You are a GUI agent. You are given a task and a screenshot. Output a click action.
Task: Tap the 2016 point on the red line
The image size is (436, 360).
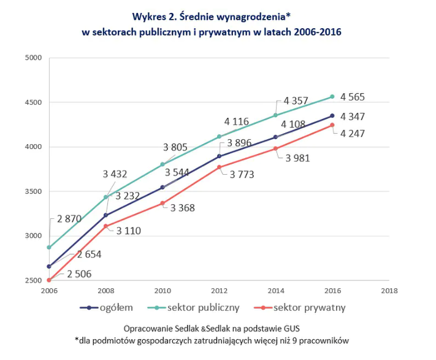pyautogui.click(x=332, y=125)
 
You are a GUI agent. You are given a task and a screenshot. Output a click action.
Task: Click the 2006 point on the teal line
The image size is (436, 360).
pyautogui.click(x=49, y=247)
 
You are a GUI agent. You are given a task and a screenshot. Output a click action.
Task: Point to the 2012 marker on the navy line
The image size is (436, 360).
pyautogui.click(x=219, y=156)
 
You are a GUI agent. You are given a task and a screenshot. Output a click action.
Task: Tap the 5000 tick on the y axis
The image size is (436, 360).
pyautogui.click(x=32, y=58)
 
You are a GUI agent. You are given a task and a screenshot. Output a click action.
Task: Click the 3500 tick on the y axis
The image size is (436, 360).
pyautogui.click(x=32, y=192)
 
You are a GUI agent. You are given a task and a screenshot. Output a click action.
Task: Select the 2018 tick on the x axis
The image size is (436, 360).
pyautogui.click(x=388, y=291)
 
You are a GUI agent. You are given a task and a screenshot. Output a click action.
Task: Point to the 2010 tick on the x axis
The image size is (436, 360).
pyautogui.click(x=163, y=291)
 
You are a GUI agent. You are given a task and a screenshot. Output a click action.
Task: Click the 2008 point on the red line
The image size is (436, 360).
pyautogui.click(x=105, y=226)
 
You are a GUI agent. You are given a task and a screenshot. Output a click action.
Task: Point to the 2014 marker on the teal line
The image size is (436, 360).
pyautogui.click(x=275, y=115)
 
